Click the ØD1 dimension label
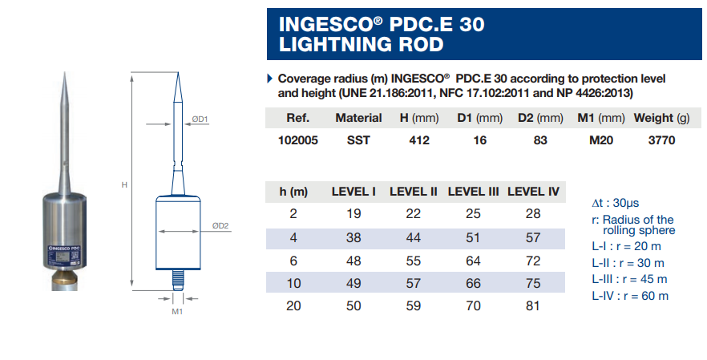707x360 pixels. pyautogui.click(x=200, y=119)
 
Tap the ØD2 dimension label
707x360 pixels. pyautogui.click(x=220, y=225)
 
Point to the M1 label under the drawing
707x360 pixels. pyautogui.click(x=177, y=311)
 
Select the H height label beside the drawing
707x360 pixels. pyautogui.click(x=124, y=185)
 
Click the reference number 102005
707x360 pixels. pyautogui.click(x=298, y=140)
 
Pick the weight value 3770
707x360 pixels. pyautogui.click(x=661, y=140)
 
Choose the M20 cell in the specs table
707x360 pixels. pyautogui.click(x=601, y=140)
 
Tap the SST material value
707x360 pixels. pyautogui.click(x=358, y=140)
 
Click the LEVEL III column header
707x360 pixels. pyautogui.click(x=473, y=192)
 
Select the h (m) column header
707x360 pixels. pyautogui.click(x=293, y=192)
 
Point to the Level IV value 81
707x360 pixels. pyautogui.click(x=532, y=305)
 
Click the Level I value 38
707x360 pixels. pyautogui.click(x=353, y=237)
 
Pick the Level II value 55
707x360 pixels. pyautogui.click(x=413, y=261)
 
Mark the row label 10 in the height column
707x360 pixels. pyautogui.click(x=293, y=283)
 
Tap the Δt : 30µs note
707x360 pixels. pyautogui.click(x=615, y=203)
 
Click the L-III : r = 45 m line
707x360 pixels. pyautogui.click(x=629, y=279)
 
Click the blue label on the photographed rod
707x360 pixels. pyautogui.click(x=64, y=255)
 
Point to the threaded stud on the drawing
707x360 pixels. pyautogui.click(x=178, y=280)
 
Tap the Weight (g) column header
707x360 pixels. pyautogui.click(x=661, y=118)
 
